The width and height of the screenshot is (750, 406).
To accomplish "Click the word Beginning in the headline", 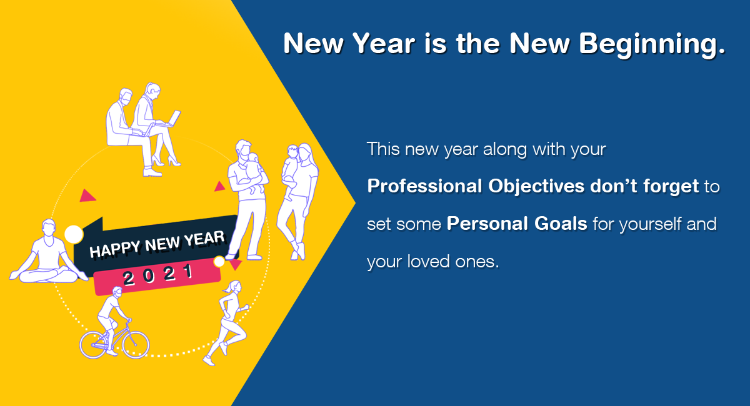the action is point(652,44).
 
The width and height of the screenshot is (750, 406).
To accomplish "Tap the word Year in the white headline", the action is point(384,43).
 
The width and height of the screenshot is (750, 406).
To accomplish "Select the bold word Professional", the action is point(424,186).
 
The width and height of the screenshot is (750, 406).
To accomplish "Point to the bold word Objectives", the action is point(536,187).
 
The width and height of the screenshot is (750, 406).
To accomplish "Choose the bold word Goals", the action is point(561,223).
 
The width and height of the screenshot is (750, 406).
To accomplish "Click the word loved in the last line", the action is point(428,261).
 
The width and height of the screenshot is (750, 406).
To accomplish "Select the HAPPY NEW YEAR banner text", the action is point(157,244).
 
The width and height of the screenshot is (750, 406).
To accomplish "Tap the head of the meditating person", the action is point(49,227).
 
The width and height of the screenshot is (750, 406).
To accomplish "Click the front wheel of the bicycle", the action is point(136,345).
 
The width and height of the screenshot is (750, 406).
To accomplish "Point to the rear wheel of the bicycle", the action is point(94,345).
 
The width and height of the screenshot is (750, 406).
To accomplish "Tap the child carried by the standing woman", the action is point(291,169).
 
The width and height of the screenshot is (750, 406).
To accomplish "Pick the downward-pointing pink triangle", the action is point(236,264).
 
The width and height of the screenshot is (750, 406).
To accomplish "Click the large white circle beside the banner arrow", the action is point(74,234).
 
